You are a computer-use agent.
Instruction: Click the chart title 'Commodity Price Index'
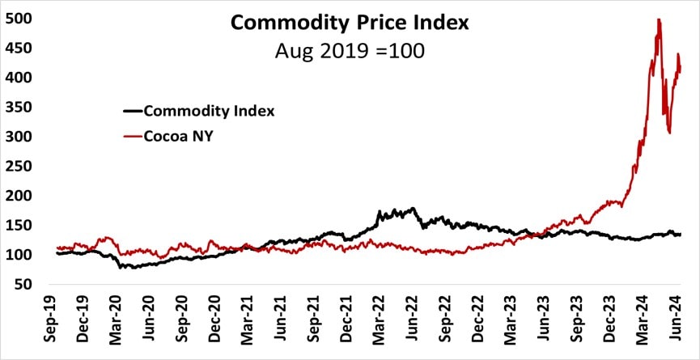pyautogui.click(x=350, y=22)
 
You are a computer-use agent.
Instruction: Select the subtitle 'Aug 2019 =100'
pyautogui.click(x=350, y=50)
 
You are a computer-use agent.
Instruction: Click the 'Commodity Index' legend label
pyautogui.click(x=209, y=111)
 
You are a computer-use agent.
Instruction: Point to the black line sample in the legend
pyautogui.click(x=132, y=111)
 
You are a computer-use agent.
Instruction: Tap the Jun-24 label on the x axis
pyautogui.click(x=679, y=324)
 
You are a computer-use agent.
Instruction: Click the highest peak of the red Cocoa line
pyautogui.click(x=659, y=19)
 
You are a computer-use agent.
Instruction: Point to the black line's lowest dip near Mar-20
pyautogui.click(x=121, y=267)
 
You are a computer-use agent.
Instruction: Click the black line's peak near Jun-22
pyautogui.click(x=414, y=209)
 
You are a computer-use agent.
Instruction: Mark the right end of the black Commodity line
pyautogui.click(x=681, y=235)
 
